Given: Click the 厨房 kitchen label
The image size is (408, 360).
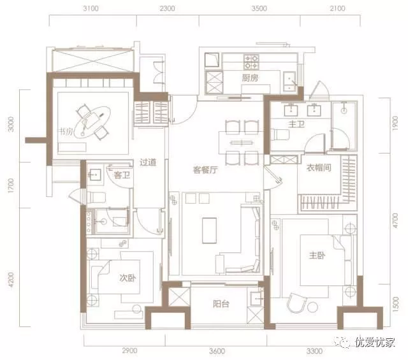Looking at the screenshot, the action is pyautogui.click(x=250, y=78).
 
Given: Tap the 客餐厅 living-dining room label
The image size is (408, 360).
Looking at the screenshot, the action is pyautogui.click(x=205, y=170).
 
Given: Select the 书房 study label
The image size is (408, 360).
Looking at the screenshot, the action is pyautogui.click(x=66, y=132).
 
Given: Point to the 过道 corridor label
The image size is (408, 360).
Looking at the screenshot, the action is pyautogui.click(x=148, y=162).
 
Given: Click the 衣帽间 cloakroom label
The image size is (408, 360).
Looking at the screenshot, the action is pyautogui.click(x=319, y=168).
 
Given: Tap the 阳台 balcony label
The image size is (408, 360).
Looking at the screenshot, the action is pyautogui.click(x=221, y=303).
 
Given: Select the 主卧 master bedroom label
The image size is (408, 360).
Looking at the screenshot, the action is pyautogui.click(x=317, y=256).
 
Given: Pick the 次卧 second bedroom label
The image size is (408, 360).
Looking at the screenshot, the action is pyautogui.click(x=127, y=278).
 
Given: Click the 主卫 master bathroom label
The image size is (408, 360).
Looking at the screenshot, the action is pyautogui.click(x=296, y=124).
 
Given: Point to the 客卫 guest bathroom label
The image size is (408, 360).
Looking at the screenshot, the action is pyautogui.click(x=122, y=175).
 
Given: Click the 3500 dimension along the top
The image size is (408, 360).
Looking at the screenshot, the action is pyautogui.click(x=259, y=8).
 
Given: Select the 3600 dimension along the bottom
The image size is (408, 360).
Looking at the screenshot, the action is pyautogui.click(x=217, y=352).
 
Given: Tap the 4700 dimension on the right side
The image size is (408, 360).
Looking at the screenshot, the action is pyautogui.click(x=395, y=220).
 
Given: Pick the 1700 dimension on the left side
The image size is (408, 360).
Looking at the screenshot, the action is pyautogui.click(x=11, y=185).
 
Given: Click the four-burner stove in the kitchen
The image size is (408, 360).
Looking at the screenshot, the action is pyautogui.click(x=251, y=62).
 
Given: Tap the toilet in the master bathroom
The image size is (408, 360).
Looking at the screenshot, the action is pyautogui.click(x=280, y=134).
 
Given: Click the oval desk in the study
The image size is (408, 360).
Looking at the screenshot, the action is pyautogui.click(x=92, y=122).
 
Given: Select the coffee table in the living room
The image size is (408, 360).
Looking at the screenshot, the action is pyautogui.click(x=210, y=231).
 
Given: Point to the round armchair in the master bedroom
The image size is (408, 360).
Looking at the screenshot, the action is pyautogui.click(x=296, y=303).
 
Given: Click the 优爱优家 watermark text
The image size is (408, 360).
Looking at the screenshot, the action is pyautogui.click(x=375, y=342).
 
